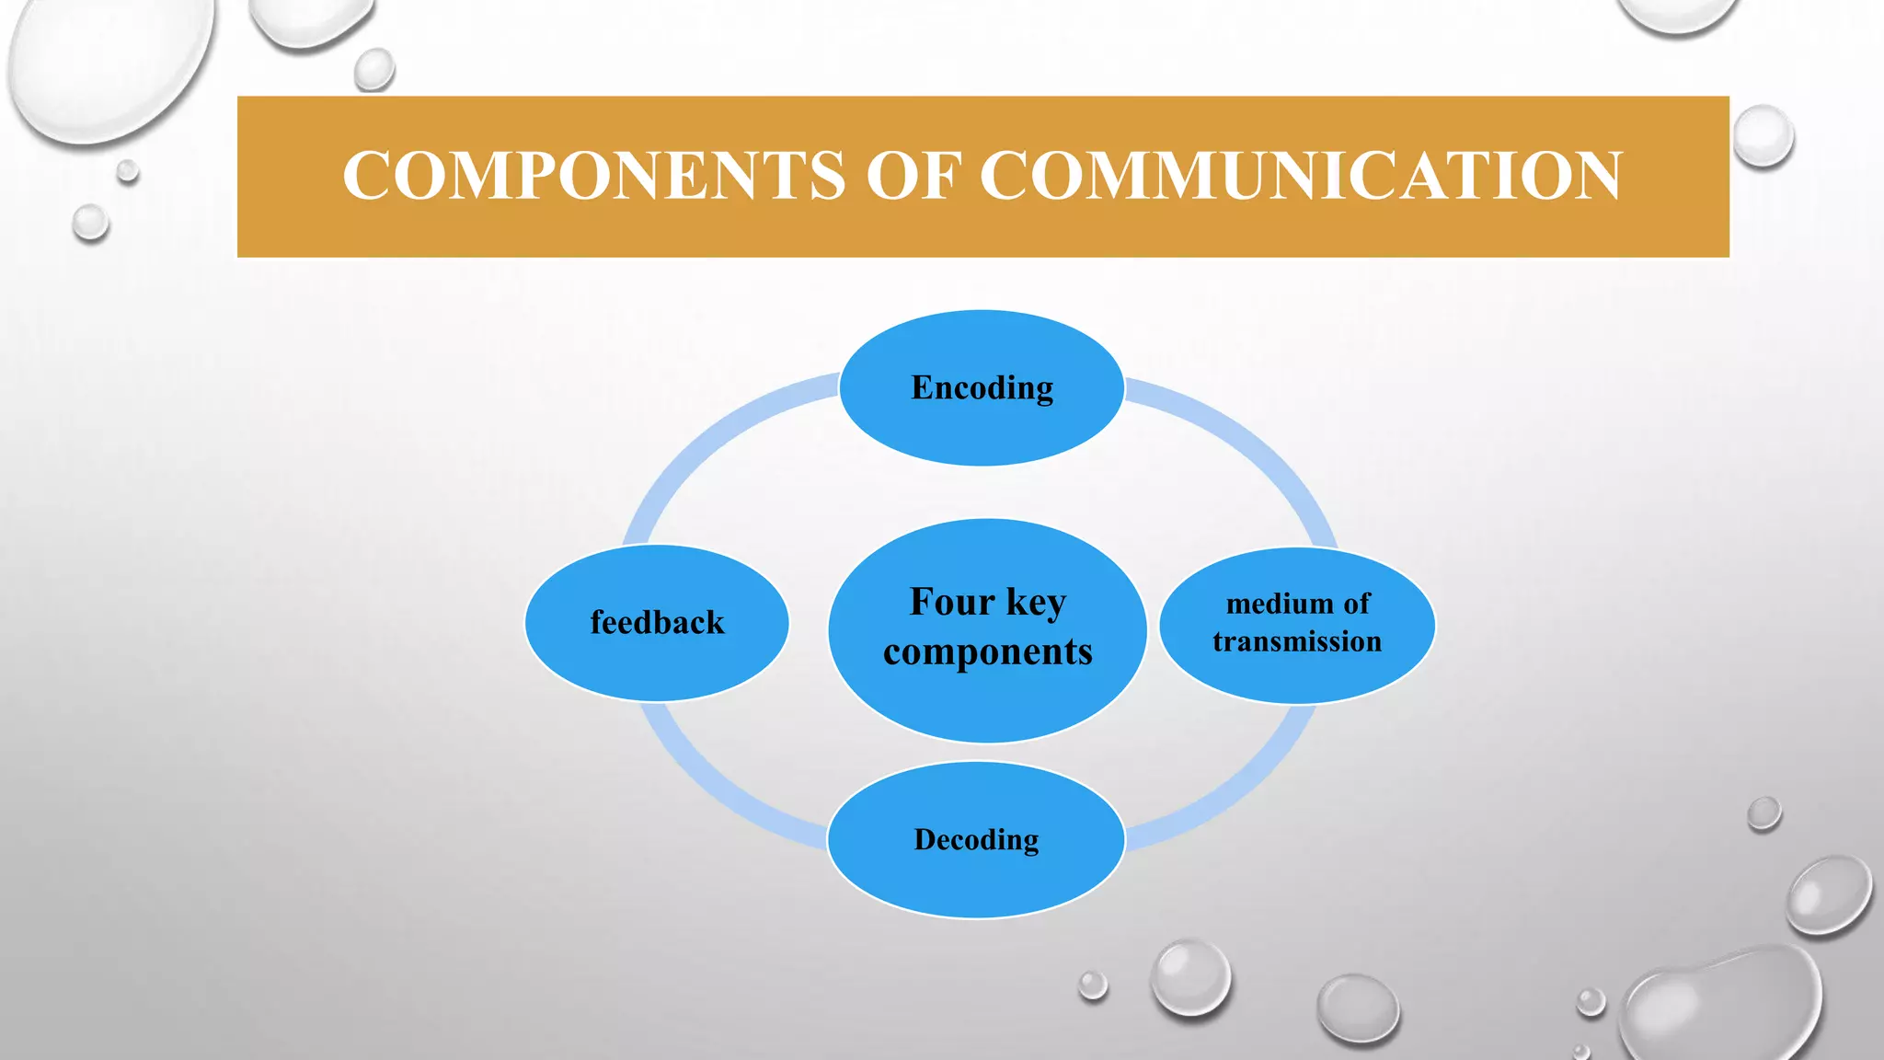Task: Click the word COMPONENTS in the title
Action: pos(593,176)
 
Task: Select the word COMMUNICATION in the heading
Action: pos(1301,176)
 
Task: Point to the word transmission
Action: pos(1297,641)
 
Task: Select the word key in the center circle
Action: pos(1037,603)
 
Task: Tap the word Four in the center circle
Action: pos(952,602)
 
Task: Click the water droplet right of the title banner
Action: pos(1763,136)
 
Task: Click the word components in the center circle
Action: pos(987,652)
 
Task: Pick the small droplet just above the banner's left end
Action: pos(374,69)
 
